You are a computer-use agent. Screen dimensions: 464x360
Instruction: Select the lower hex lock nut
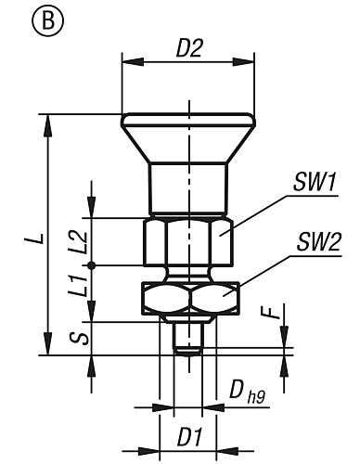pos(188,298)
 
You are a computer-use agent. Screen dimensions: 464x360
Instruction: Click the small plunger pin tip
pos(188,342)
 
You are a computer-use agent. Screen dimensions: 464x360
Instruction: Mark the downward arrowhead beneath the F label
pos(285,342)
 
